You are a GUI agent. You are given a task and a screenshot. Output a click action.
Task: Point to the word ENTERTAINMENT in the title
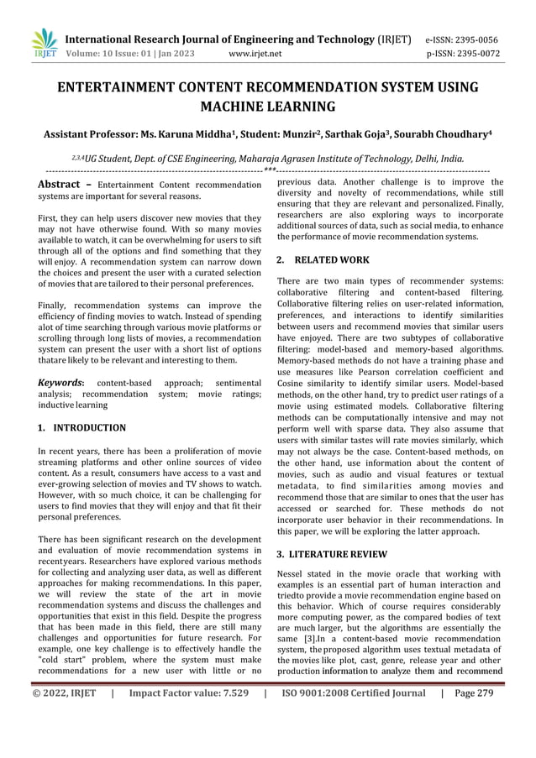[123, 87]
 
